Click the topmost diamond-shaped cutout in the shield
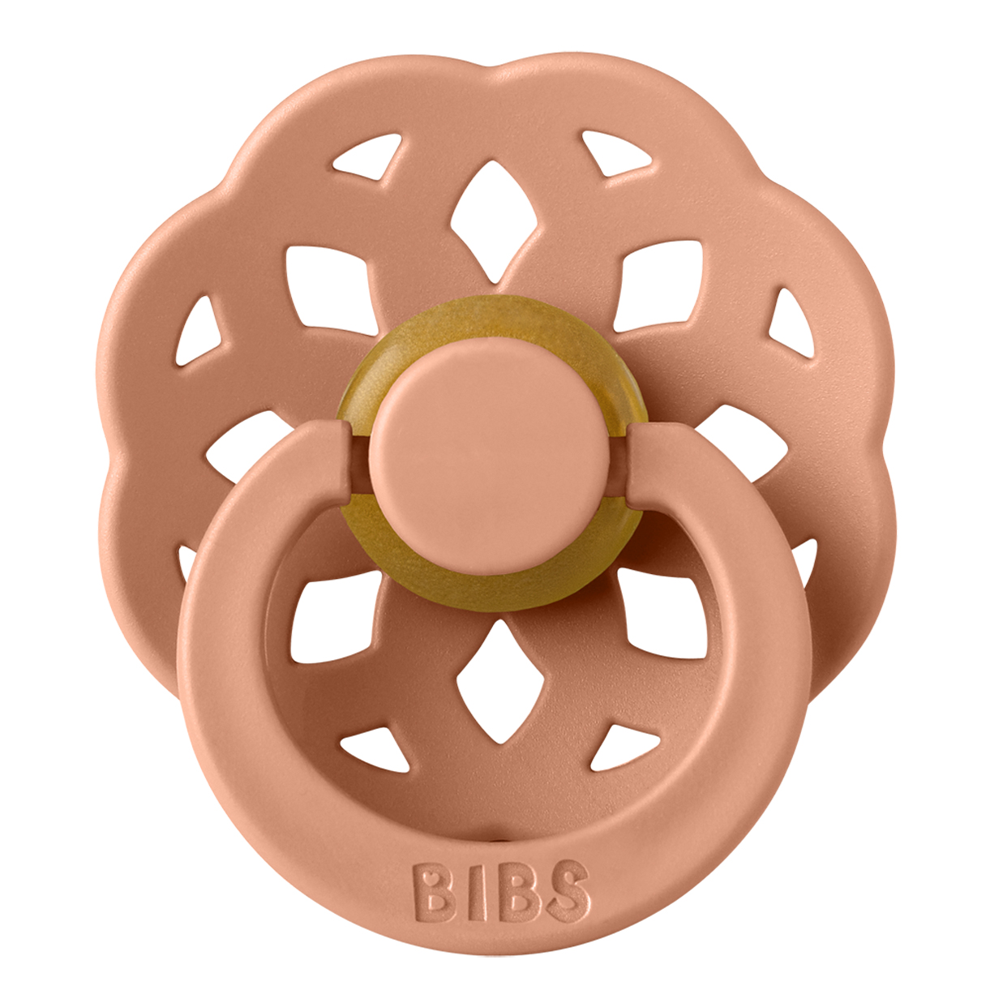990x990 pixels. click(x=495, y=222)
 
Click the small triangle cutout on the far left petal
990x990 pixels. click(x=198, y=332)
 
